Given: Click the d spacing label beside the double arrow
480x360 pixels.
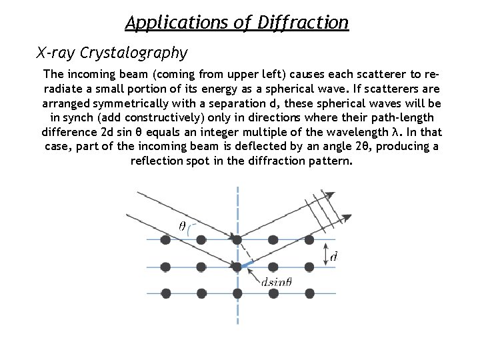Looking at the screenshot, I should click(333, 256).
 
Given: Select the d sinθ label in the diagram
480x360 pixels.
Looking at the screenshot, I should click(277, 282).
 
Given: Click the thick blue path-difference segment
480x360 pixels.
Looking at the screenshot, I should click(248, 264).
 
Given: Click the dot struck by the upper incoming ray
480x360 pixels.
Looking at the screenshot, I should click(237, 239).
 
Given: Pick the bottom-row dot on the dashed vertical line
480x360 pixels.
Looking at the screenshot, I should click(237, 293).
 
